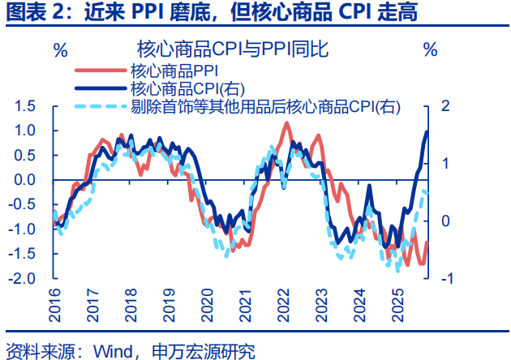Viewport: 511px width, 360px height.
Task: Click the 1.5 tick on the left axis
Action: coord(25,106)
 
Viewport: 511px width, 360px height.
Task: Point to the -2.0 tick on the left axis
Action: coord(24,278)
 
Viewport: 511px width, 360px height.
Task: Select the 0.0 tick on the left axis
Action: coord(25,180)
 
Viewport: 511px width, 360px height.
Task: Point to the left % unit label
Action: coord(61,49)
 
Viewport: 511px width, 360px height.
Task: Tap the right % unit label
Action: coord(430,49)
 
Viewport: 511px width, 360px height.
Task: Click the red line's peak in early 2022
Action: coord(286,122)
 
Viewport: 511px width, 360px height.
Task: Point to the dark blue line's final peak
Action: coord(427,132)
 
